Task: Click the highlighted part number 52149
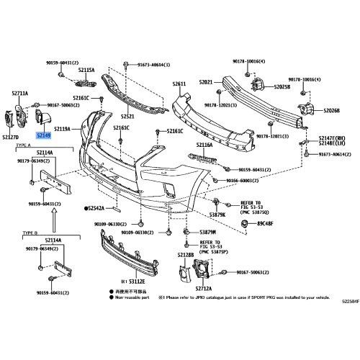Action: pos(45,134)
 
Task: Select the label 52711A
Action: pos(20,94)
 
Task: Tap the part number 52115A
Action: pos(86,71)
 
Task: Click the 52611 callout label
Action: pos(179,84)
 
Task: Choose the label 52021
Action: pos(207,83)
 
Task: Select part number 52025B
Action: pos(282,87)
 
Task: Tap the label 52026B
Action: pos(332,110)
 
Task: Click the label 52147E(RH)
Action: pos(333,136)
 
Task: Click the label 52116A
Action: pos(204,145)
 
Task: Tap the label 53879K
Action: pos(217,215)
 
